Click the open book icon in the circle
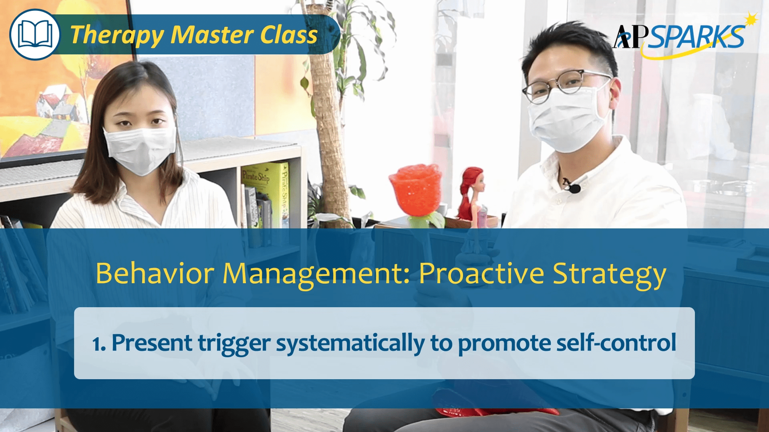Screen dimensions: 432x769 point(35,35)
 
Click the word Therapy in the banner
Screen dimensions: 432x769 point(117,35)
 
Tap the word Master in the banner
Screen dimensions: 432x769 point(213,34)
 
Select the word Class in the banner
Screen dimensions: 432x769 point(288,34)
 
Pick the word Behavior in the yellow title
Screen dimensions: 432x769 point(155,274)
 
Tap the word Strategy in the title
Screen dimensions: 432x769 point(609,274)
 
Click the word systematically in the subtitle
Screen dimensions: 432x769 point(350,343)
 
